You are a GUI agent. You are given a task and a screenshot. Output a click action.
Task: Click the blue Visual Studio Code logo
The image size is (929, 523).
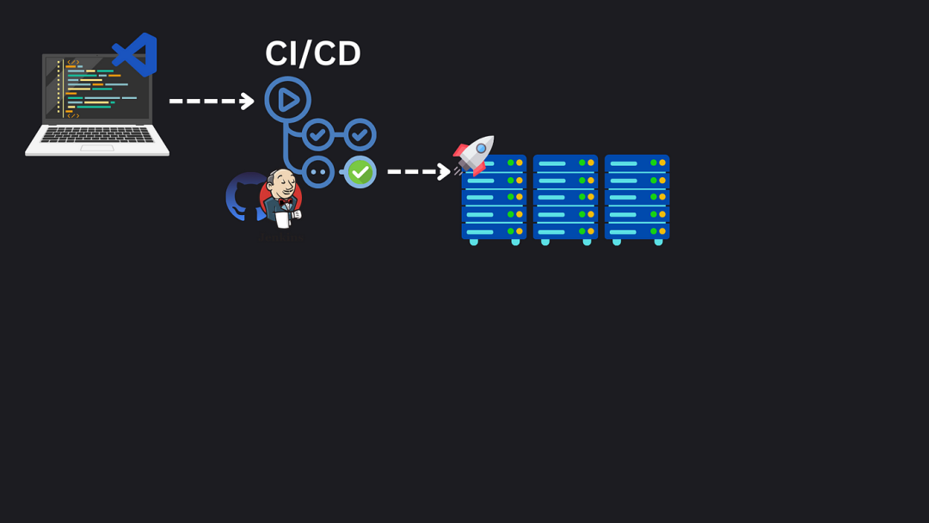[x=135, y=54]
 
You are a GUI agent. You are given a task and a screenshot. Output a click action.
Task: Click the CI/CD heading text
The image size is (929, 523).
[x=313, y=53]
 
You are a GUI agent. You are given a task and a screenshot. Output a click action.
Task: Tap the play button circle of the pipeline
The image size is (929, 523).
[x=288, y=100]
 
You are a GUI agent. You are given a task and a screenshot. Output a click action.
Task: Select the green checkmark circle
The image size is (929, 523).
[x=360, y=172]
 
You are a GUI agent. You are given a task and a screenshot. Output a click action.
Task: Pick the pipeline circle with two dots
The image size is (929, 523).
[x=318, y=172]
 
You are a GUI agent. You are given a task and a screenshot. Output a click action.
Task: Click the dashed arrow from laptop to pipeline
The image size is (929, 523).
[x=212, y=102]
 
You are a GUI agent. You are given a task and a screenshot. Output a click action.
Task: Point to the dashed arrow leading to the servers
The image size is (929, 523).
[x=419, y=172]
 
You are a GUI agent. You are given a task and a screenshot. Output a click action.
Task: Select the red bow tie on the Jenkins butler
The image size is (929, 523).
[x=286, y=202]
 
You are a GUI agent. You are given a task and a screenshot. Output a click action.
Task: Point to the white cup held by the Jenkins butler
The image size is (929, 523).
[x=283, y=219]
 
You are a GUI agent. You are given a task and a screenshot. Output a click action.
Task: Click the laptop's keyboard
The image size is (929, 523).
[x=97, y=135]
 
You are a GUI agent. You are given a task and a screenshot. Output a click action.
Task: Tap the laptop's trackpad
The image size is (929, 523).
[x=97, y=148]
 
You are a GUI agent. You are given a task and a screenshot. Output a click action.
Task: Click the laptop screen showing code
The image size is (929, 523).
[x=98, y=89]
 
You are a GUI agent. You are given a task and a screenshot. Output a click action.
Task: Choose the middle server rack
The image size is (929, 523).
[x=565, y=200]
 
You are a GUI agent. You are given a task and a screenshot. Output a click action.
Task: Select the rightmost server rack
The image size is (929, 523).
[x=637, y=200]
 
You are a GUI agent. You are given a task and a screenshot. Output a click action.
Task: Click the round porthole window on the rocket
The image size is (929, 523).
[x=481, y=148]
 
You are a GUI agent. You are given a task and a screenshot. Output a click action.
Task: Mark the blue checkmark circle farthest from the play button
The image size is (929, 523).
[x=360, y=135]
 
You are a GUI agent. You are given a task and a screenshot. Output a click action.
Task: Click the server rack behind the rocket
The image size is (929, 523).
[x=494, y=201]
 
